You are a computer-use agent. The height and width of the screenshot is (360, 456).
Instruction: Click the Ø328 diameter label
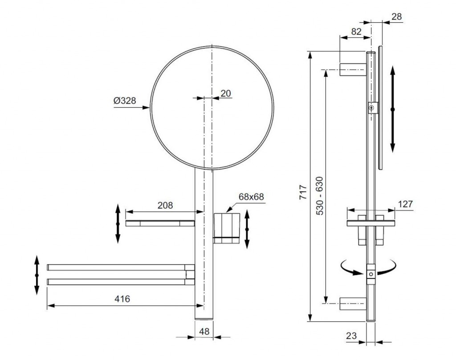(x=125, y=101)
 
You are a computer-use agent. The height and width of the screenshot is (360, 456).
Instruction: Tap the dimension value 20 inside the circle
(x=226, y=93)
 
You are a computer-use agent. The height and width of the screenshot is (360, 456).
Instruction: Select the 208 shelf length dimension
(x=165, y=206)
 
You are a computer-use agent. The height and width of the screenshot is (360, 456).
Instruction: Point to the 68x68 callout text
(x=251, y=197)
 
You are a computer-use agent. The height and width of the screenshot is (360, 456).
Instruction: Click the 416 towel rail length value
(x=122, y=299)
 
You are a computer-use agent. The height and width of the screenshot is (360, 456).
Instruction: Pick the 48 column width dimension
(x=204, y=331)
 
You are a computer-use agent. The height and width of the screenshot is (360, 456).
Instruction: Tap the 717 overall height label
(x=303, y=192)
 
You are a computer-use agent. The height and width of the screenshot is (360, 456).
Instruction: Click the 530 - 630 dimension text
(x=320, y=195)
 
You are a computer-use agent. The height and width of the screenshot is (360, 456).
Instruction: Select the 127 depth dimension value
(x=405, y=204)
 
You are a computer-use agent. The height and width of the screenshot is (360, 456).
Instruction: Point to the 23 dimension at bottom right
(x=351, y=336)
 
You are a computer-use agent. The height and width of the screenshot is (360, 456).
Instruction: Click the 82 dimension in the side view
(x=356, y=32)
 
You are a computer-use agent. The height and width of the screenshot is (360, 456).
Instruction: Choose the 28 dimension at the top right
(x=396, y=16)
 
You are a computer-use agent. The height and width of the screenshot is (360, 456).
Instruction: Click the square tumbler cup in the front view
(x=227, y=228)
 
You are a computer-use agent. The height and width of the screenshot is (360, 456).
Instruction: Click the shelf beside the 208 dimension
(x=160, y=223)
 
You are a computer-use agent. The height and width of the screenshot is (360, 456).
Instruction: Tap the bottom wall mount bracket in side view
(x=353, y=303)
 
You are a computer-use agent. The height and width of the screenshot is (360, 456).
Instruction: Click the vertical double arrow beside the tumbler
(x=247, y=229)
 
